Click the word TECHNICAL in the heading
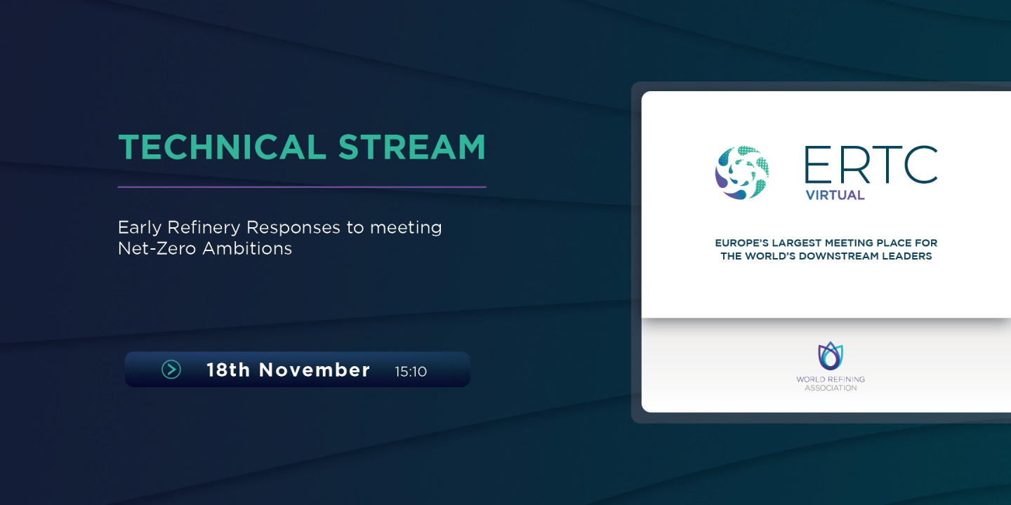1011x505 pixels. [x=222, y=147]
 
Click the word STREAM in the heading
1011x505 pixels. [x=411, y=147]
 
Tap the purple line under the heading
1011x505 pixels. [x=302, y=187]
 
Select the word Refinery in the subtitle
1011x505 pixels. [x=204, y=228]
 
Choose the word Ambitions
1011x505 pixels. [x=247, y=248]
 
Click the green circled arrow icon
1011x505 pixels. [x=171, y=370]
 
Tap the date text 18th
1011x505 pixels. [x=228, y=370]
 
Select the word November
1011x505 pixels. [x=315, y=370]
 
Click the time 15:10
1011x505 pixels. [x=411, y=372]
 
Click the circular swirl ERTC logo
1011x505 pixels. [x=742, y=173]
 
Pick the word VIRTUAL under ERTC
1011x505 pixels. [x=835, y=195]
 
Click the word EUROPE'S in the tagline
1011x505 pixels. [x=741, y=243]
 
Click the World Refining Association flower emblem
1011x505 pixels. [x=831, y=356]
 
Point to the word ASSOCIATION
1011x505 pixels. [x=831, y=389]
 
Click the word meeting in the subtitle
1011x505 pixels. [x=406, y=228]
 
